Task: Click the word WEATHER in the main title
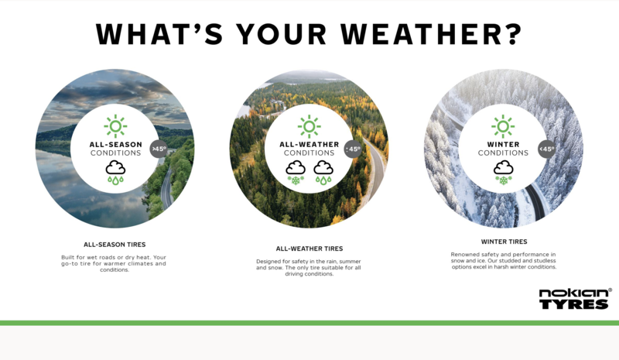432,34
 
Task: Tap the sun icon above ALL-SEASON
115,126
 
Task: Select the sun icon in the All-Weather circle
309,126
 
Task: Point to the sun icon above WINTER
503,126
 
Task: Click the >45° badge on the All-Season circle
159,149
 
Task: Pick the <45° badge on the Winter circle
547,149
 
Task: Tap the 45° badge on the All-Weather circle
353,149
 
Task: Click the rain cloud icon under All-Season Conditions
115,173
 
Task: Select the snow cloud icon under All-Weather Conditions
296,173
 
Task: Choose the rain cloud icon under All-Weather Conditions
323,173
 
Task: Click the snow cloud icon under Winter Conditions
504,173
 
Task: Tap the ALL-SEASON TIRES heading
115,245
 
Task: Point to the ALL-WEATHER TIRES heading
309,249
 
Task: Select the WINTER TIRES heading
504,242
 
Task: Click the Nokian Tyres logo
575,299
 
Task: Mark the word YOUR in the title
282,34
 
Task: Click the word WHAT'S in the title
160,34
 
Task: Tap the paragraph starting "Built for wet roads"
114,263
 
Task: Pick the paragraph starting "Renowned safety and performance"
504,260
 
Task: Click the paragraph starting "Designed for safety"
309,268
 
